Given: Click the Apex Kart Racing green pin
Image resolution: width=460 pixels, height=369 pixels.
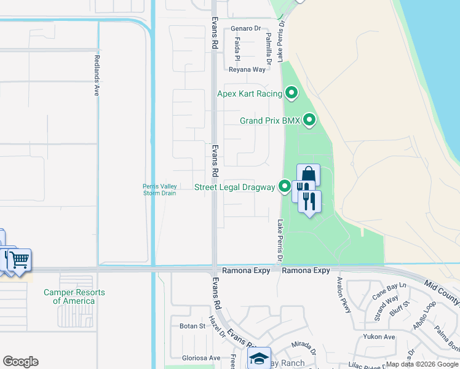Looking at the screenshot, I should (291, 93).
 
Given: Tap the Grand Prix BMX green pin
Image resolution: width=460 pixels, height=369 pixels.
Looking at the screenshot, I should (309, 121).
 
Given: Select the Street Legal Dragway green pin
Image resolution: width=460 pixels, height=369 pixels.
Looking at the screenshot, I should (284, 186).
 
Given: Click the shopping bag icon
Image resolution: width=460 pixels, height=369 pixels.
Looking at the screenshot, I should (308, 175).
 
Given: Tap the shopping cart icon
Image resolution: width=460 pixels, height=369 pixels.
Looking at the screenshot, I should (19, 260).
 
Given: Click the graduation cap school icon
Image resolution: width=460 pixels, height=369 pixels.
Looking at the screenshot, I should (260, 357).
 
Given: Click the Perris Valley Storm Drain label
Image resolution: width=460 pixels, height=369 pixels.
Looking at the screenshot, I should (160, 189).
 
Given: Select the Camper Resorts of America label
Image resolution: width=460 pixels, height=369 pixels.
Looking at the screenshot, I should (74, 296).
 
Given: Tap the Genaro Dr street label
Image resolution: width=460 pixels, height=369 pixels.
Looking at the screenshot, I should (246, 28).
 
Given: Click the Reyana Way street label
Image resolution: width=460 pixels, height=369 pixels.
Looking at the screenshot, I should (247, 69).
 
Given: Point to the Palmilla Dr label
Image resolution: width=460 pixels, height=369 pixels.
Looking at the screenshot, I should (268, 49).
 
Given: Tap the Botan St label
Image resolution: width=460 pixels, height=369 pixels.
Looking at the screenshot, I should (192, 326).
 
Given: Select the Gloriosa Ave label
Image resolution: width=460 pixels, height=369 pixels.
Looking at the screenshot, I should (200, 358).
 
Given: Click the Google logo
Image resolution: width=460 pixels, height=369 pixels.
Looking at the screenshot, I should (20, 362).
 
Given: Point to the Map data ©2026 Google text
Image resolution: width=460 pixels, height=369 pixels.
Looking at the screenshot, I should (422, 364).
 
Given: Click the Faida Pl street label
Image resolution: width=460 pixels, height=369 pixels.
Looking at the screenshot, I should (237, 49).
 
